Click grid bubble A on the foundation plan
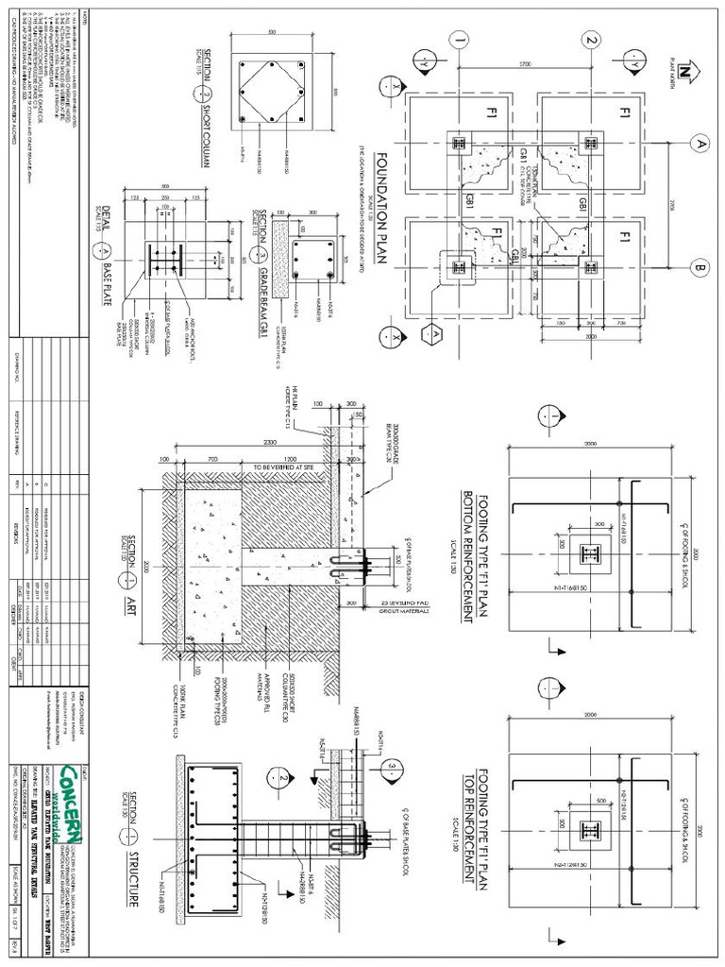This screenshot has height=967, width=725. click(x=700, y=144)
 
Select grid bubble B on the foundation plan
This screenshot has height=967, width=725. click(x=700, y=267)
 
